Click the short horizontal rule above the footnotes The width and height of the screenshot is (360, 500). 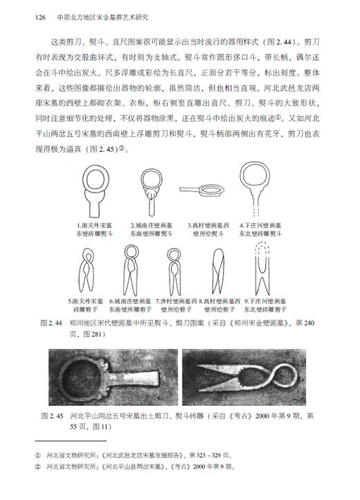tap(66, 443)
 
